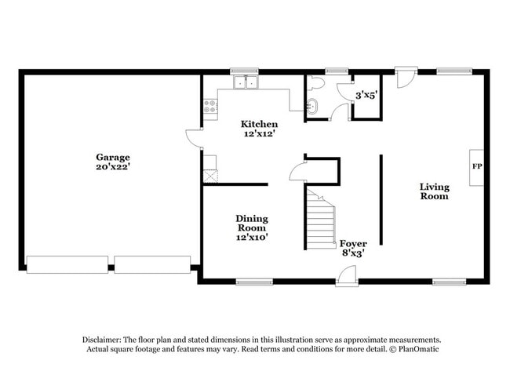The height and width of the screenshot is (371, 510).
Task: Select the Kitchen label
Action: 259,124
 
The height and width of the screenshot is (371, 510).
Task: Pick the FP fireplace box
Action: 476,167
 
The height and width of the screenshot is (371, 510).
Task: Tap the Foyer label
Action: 353,243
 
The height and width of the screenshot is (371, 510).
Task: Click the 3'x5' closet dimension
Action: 366,95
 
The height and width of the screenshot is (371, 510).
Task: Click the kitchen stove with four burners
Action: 210,107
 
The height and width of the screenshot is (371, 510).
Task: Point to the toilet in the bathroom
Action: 316,83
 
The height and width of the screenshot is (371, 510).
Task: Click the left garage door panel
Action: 67,264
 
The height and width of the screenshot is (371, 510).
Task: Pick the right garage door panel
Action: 152,264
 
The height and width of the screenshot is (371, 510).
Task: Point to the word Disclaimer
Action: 106,339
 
